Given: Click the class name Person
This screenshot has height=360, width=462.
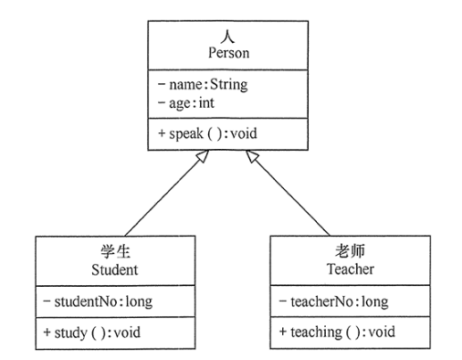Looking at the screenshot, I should [223, 54].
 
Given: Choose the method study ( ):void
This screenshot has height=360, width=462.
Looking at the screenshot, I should [95, 331].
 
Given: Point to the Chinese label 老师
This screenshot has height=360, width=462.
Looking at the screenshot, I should [348, 253].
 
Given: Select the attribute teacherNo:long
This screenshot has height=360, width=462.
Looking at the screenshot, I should [337, 301].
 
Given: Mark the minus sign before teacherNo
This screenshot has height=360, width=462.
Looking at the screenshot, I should [282, 301].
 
